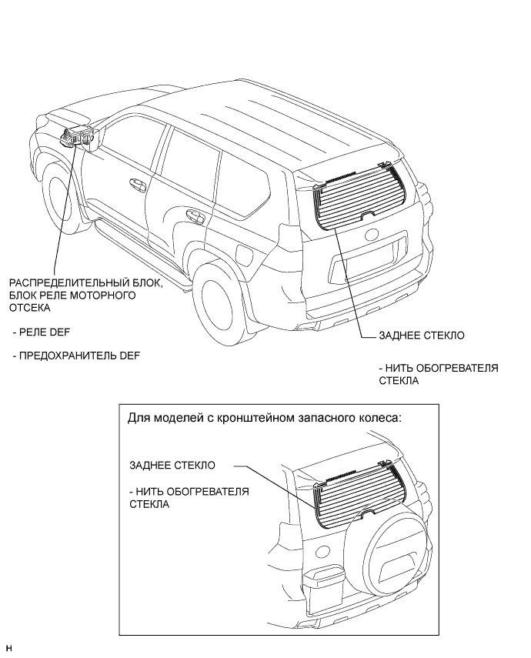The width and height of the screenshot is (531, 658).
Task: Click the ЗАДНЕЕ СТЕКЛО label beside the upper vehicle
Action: (421, 336)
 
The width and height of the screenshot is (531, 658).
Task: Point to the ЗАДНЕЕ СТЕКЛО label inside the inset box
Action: (172, 466)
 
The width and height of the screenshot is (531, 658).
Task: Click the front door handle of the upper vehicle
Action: (138, 185)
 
